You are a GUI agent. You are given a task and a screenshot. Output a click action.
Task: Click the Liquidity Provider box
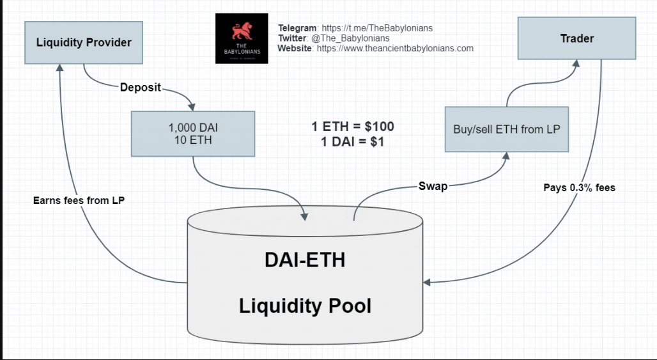click(84, 42)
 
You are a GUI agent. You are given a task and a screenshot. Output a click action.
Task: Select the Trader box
click(576, 38)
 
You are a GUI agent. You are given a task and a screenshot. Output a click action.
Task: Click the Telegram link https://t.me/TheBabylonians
click(377, 28)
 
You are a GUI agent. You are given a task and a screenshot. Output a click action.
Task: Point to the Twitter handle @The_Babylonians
click(350, 38)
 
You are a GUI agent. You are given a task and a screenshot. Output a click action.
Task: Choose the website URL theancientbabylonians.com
click(395, 48)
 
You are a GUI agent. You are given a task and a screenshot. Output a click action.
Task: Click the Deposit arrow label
click(141, 87)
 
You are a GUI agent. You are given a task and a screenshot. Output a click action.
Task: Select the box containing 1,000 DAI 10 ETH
click(192, 134)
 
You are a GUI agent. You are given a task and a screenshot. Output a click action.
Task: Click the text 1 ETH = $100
click(353, 127)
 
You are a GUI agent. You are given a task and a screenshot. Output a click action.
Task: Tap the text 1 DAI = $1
click(353, 142)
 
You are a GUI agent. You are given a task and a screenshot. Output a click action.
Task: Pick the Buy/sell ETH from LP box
click(506, 129)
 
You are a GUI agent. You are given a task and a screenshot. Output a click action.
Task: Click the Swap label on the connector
click(433, 186)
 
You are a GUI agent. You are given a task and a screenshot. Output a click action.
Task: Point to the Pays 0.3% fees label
click(579, 187)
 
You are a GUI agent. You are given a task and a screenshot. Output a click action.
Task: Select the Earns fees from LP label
click(79, 200)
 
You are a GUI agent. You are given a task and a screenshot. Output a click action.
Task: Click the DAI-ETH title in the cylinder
click(305, 260)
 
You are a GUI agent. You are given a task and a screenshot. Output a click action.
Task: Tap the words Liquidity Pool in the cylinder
click(305, 306)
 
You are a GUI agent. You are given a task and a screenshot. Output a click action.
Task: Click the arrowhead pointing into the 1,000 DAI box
click(190, 107)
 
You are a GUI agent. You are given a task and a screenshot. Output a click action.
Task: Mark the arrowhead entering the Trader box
click(576, 64)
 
